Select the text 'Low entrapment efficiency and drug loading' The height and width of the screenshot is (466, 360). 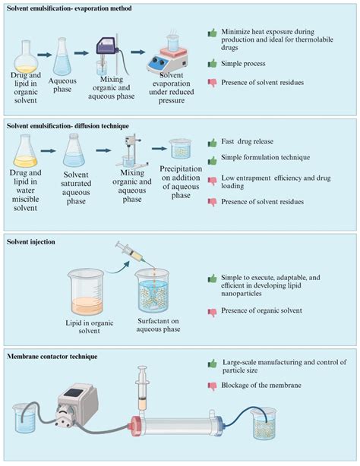pos(279,178)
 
